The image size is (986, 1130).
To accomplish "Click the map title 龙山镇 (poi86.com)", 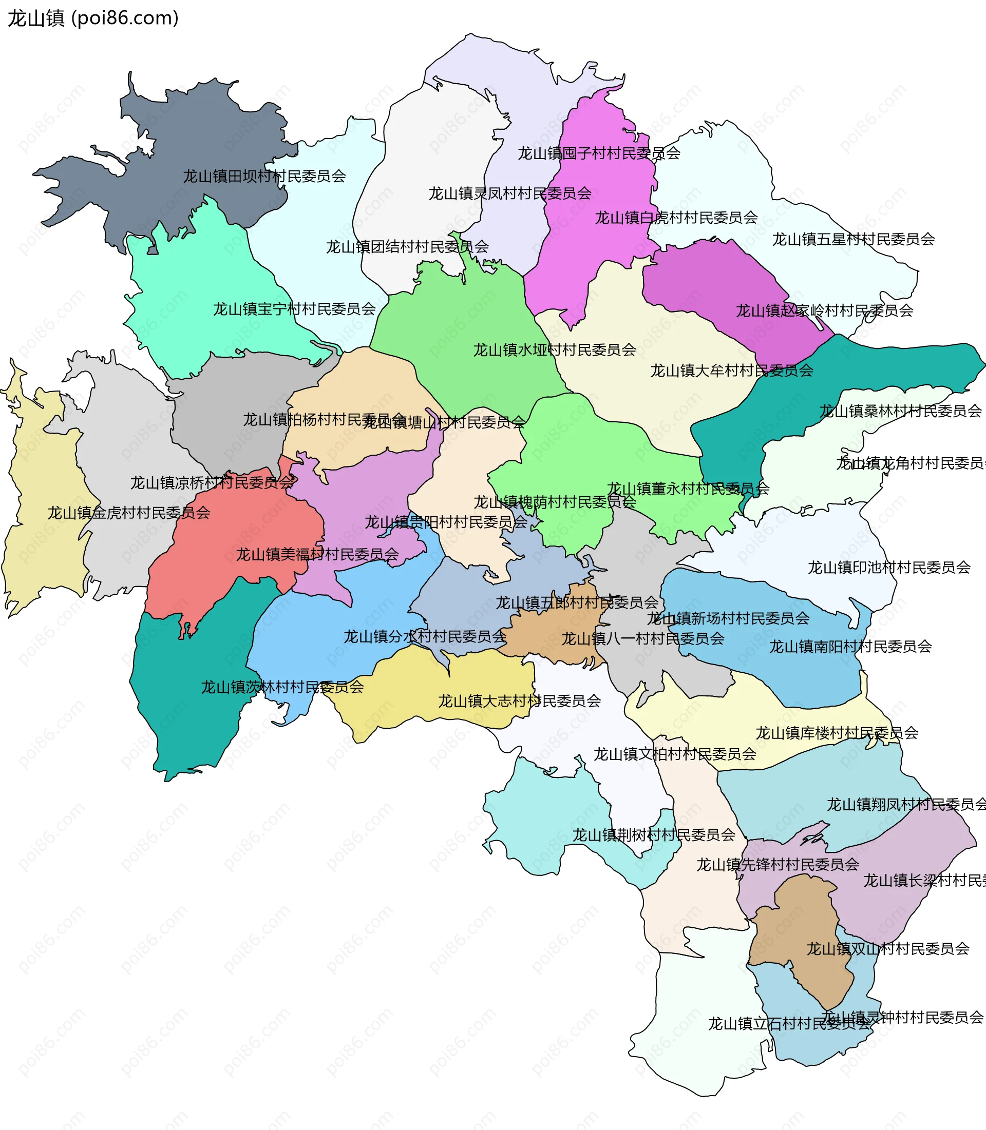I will point(93,18).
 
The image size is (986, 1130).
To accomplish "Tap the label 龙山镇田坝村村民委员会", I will point(264,176).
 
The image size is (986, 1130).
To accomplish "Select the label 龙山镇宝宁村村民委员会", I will point(294,309).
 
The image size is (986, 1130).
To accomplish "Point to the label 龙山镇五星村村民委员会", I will point(854,239).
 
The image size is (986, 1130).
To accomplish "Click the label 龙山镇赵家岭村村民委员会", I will point(824,310).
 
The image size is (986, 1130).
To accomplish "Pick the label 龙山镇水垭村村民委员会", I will point(555,349).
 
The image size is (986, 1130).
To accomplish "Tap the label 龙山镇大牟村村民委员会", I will point(732,371).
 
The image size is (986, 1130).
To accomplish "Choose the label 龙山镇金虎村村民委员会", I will point(129,513).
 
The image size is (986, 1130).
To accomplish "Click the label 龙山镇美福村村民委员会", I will point(317,554).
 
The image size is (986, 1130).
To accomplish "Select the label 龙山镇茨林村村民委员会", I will point(282,687).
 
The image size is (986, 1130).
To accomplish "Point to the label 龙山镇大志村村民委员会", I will point(519,701).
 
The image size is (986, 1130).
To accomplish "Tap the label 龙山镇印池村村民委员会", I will point(889,568).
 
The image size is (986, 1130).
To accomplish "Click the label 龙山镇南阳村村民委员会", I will point(850,647).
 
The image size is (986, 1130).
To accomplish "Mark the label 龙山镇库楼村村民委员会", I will point(837,733).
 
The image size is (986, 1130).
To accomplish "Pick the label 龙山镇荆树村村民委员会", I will point(654,835).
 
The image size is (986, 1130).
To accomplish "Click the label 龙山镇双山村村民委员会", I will point(887,948).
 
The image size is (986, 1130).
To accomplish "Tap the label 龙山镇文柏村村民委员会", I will point(675,754).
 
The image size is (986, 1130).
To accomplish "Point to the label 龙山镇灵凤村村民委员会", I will point(510,193).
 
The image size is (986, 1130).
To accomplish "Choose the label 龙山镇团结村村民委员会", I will point(407,247).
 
